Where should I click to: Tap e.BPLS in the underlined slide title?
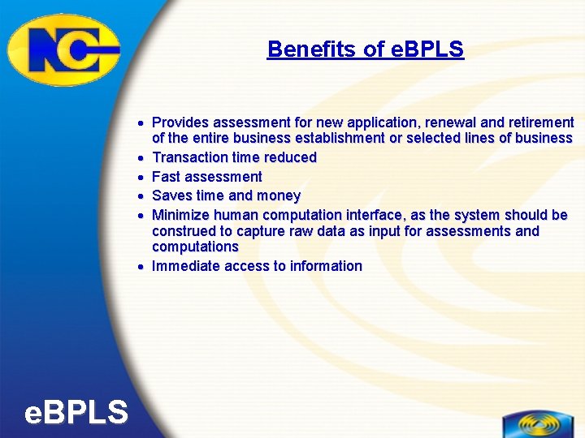pos(427,49)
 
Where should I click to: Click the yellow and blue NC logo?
pos(63,49)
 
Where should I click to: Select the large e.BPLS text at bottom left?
pos(76,413)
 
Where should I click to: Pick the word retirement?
pos(541,122)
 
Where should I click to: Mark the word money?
pos(279,196)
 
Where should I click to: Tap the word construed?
pos(185,231)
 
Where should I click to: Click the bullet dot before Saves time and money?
pos(141,196)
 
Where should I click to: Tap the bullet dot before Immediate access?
pos(141,266)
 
